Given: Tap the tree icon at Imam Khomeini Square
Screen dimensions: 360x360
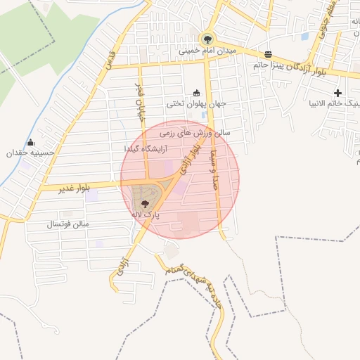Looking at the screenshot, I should coord(207,39).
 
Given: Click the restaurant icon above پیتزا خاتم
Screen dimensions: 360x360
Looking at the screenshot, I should coord(268,54).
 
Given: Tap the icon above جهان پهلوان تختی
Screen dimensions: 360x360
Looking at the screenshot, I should coord(196,92).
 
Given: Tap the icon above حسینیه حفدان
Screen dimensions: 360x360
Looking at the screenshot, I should coord(30,141).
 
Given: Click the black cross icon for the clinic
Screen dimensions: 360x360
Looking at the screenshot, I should coord(338,93).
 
